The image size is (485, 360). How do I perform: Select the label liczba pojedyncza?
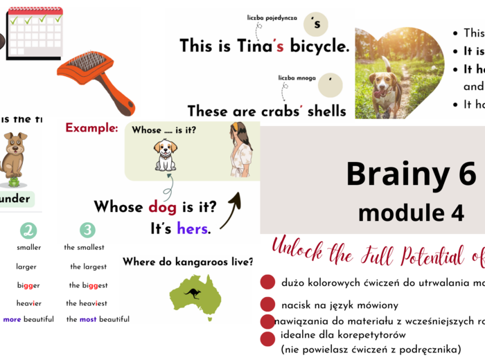point(272,17)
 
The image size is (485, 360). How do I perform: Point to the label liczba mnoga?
point(297,78)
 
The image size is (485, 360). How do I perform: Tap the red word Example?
point(91,128)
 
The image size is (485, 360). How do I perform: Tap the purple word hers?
point(192,228)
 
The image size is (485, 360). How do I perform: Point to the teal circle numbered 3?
point(87,231)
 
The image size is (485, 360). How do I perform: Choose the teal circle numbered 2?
point(28,231)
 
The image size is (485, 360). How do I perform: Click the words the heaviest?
point(86,303)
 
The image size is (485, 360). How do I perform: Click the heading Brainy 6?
point(410,174)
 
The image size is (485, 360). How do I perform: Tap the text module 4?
point(411,213)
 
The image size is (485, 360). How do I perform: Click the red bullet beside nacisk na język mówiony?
point(267,304)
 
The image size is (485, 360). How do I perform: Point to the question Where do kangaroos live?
point(188,262)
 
